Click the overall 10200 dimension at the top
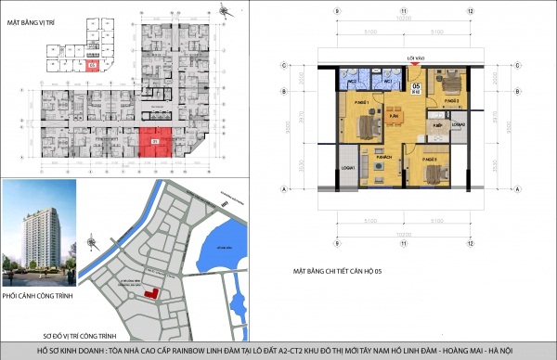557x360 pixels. pos(404,18)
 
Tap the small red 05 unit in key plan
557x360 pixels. pos(91,66)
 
